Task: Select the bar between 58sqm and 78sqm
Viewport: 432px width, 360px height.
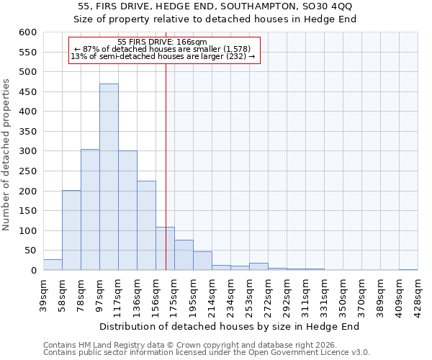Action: pos(71,230)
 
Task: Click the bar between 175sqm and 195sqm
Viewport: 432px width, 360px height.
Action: pos(184,255)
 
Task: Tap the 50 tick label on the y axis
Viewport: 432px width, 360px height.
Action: pos(30,251)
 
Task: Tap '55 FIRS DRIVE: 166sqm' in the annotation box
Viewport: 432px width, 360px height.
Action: pos(162,42)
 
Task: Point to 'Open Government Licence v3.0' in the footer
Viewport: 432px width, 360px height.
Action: pos(303,353)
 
